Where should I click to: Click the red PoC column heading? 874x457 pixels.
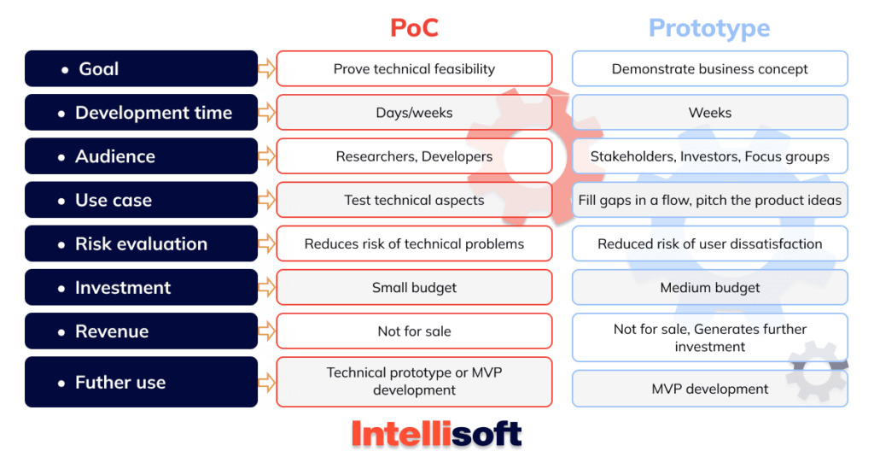pyautogui.click(x=414, y=27)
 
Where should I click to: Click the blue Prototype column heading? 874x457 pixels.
pyautogui.click(x=709, y=28)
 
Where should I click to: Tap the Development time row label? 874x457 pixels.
pyautogui.click(x=141, y=113)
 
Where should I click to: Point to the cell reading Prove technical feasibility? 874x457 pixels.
pyautogui.click(x=414, y=68)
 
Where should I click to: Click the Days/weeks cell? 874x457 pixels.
pyautogui.click(x=414, y=113)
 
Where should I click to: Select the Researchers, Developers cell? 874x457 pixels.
pyautogui.click(x=414, y=156)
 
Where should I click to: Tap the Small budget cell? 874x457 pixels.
pyautogui.click(x=414, y=288)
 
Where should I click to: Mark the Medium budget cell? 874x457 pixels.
pyautogui.click(x=709, y=288)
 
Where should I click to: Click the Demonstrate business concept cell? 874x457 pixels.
pyautogui.click(x=709, y=68)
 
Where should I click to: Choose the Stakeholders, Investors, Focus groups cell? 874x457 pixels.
pyautogui.click(x=709, y=156)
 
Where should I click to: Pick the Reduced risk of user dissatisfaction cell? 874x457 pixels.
pyautogui.click(x=709, y=243)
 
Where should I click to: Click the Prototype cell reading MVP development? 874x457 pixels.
pyautogui.click(x=709, y=389)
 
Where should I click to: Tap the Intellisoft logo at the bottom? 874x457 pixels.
pyautogui.click(x=436, y=434)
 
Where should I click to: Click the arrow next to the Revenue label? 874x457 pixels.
pyautogui.click(x=266, y=331)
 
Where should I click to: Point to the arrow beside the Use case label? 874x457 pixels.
pyautogui.click(x=266, y=200)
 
